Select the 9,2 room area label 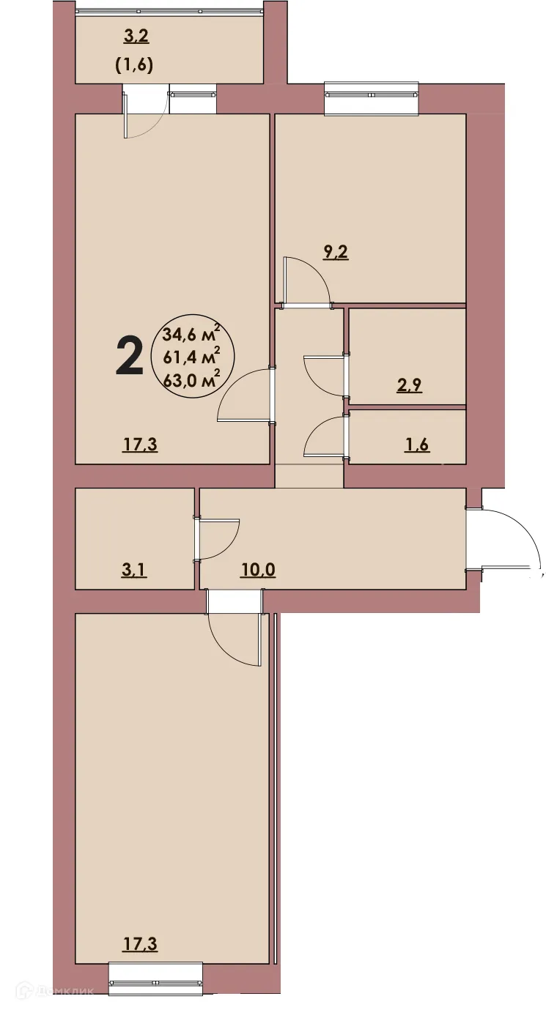(x=336, y=253)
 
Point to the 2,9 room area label (x=409, y=386)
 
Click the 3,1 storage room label (x=134, y=569)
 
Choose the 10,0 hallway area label (x=257, y=569)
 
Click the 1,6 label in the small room (x=416, y=446)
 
